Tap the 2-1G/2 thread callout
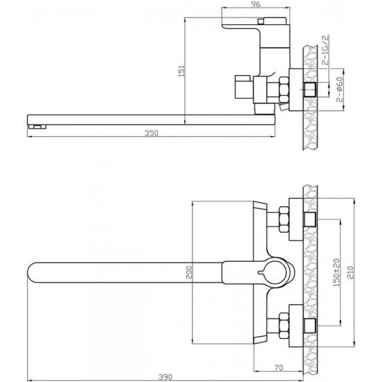click(325, 51)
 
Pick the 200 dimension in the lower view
click(188, 274)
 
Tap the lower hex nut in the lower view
click(283, 324)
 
